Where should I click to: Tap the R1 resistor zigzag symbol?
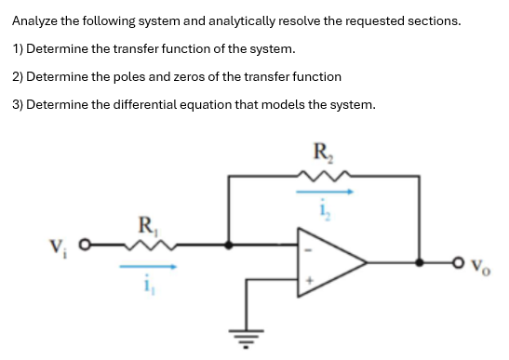(146, 246)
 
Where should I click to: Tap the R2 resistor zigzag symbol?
(322, 174)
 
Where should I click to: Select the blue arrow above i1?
(146, 266)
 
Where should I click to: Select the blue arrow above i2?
(324, 193)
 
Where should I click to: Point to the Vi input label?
(59, 247)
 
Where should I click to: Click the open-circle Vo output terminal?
(461, 263)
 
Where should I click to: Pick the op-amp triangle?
(335, 263)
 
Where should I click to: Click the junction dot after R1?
(230, 247)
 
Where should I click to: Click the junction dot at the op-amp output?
(426, 263)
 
